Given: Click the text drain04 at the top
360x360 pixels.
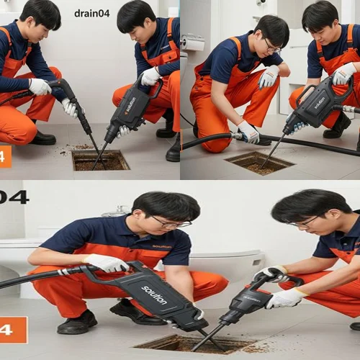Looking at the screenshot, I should click(x=91, y=13).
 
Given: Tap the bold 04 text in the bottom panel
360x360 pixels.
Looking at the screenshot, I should click(x=14, y=197).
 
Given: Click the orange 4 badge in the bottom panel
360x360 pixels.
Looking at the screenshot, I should click(x=13, y=330).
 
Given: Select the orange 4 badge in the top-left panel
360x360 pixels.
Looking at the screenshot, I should click(x=5, y=156).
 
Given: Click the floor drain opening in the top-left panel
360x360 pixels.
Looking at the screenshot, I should click(x=100, y=160).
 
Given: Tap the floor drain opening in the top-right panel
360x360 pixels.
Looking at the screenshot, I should click(x=259, y=162).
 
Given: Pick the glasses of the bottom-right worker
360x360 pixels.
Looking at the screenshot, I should click(x=307, y=221).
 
